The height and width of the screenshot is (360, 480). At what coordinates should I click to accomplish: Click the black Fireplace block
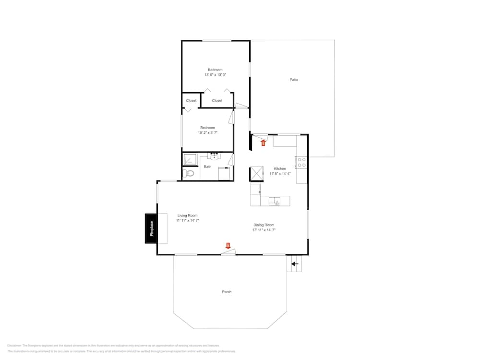click(x=151, y=228)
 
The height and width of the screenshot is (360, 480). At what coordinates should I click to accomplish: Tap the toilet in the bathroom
click(x=189, y=173)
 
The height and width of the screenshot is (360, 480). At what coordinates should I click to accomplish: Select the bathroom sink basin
click(x=214, y=157)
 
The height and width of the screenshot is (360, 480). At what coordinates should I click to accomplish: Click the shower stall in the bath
click(x=191, y=158)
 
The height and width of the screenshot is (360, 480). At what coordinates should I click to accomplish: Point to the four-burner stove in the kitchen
click(x=301, y=163)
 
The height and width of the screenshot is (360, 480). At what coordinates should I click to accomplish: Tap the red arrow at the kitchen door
click(x=263, y=142)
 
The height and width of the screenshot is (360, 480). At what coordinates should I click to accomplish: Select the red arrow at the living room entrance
click(x=228, y=246)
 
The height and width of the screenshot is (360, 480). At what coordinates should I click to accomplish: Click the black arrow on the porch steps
click(x=294, y=264)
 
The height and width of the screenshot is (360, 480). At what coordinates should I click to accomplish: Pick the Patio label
click(x=294, y=80)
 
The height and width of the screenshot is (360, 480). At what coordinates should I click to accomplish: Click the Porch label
click(x=227, y=292)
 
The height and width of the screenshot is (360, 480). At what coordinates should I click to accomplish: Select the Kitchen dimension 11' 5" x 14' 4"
click(x=280, y=174)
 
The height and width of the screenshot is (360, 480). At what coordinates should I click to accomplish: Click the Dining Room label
click(x=264, y=225)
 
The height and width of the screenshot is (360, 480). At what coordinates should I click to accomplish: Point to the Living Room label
click(x=187, y=216)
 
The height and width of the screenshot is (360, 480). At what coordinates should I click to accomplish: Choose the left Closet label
click(x=191, y=100)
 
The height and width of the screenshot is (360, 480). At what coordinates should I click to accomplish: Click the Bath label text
click(x=207, y=167)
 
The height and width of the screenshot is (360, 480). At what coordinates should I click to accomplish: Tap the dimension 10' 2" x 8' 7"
click(x=207, y=133)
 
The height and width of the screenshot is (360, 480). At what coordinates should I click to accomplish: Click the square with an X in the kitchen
click(x=256, y=173)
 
